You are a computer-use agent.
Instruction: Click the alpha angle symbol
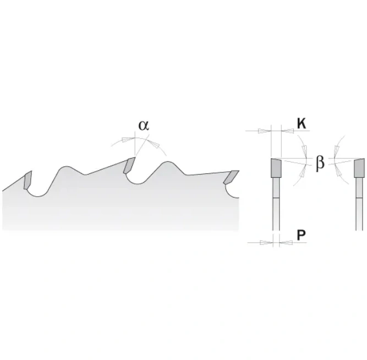[144, 126]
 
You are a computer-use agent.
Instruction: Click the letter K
[302, 124]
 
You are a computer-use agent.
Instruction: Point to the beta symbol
[320, 163]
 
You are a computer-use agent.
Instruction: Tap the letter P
[301, 235]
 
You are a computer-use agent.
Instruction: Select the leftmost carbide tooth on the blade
[28, 180]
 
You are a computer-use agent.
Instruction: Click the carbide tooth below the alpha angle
[129, 166]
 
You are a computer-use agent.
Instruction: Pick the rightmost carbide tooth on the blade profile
[231, 177]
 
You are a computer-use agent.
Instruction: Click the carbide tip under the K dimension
[276, 168]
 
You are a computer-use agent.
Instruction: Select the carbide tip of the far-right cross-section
[359, 168]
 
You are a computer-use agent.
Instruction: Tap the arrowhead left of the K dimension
[264, 131]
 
